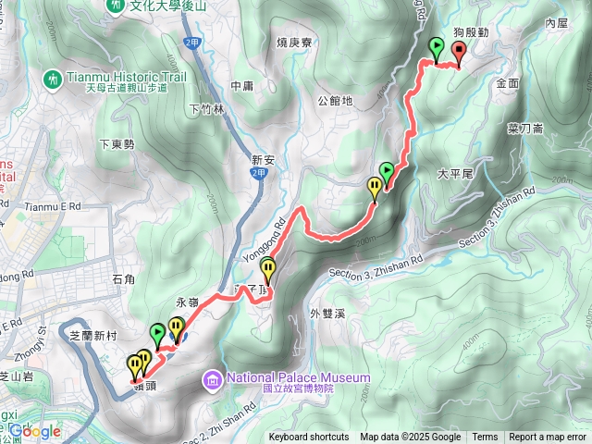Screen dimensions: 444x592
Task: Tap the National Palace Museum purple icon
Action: pyautogui.click(x=212, y=378)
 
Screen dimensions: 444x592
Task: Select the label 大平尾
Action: pyautogui.click(x=455, y=173)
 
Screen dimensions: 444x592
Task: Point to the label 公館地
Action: pyautogui.click(x=334, y=100)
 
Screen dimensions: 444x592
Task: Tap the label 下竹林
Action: pyautogui.click(x=206, y=108)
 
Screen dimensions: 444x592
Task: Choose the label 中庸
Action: pyautogui.click(x=242, y=86)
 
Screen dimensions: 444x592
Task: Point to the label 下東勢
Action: pyautogui.click(x=117, y=144)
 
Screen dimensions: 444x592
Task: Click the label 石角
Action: pyautogui.click(x=123, y=278)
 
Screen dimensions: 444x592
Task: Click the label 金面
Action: pyautogui.click(x=508, y=82)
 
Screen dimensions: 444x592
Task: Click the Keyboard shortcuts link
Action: pyautogui.click(x=309, y=438)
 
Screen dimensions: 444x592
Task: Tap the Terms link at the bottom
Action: pyautogui.click(x=485, y=438)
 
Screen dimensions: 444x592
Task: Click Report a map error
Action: pyautogui.click(x=548, y=438)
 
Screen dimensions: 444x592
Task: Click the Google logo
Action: pyautogui.click(x=35, y=431)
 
